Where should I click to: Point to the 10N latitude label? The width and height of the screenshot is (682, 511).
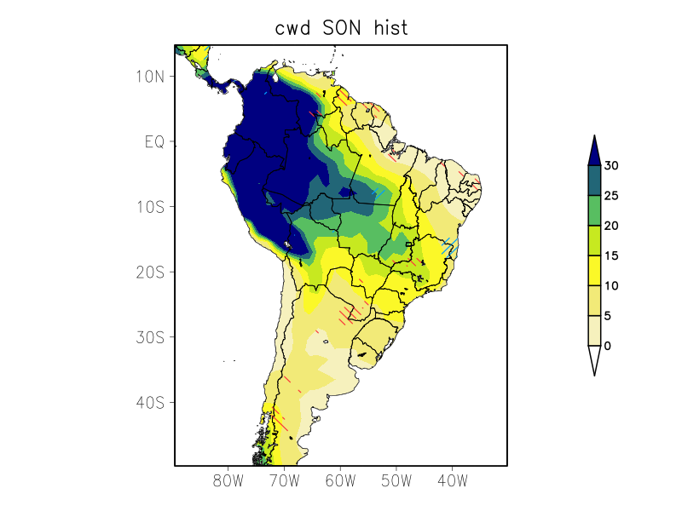click(x=149, y=77)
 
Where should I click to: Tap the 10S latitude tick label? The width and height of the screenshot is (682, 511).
click(x=149, y=207)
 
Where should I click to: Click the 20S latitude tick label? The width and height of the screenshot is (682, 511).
click(x=149, y=272)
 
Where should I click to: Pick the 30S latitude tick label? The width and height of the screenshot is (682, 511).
click(x=149, y=337)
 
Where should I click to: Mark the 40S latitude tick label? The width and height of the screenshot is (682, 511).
click(x=149, y=402)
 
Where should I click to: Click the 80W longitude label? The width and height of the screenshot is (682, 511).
click(x=228, y=481)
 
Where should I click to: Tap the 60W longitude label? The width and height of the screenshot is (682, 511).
click(x=340, y=481)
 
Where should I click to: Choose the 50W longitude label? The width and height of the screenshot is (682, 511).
click(x=396, y=481)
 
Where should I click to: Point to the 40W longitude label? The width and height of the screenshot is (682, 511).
click(x=452, y=481)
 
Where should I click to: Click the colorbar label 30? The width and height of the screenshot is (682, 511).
click(x=611, y=166)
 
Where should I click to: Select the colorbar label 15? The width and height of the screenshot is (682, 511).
click(x=611, y=255)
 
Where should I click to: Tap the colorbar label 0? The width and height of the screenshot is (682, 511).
click(x=608, y=346)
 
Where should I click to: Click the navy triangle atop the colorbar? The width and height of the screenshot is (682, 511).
click(x=594, y=151)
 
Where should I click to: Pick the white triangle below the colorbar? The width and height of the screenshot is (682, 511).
click(x=594, y=359)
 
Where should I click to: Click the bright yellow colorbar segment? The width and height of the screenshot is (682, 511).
click(x=594, y=271)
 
